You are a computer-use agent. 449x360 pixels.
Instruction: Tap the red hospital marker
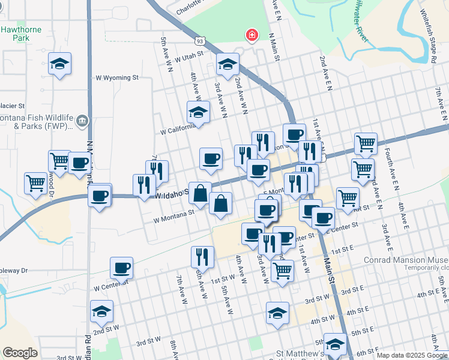click(x=252, y=35)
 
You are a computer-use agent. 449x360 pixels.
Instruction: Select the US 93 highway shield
click(x=199, y=41)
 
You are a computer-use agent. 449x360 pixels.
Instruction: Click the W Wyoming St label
click(x=117, y=78)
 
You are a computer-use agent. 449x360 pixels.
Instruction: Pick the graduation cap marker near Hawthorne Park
click(x=59, y=64)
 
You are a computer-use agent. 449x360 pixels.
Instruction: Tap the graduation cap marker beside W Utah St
click(x=228, y=64)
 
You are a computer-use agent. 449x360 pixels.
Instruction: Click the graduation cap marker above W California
click(x=198, y=112)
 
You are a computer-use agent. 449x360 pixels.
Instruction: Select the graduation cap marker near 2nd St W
click(x=101, y=312)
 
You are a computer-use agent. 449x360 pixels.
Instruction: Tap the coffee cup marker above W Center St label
click(x=121, y=268)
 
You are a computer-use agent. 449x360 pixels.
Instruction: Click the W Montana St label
click(x=174, y=212)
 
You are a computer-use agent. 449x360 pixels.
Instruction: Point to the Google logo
click(x=20, y=352)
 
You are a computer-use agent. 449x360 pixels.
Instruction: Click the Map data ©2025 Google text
click(x=411, y=355)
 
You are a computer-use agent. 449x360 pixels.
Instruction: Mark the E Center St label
click(x=344, y=226)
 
